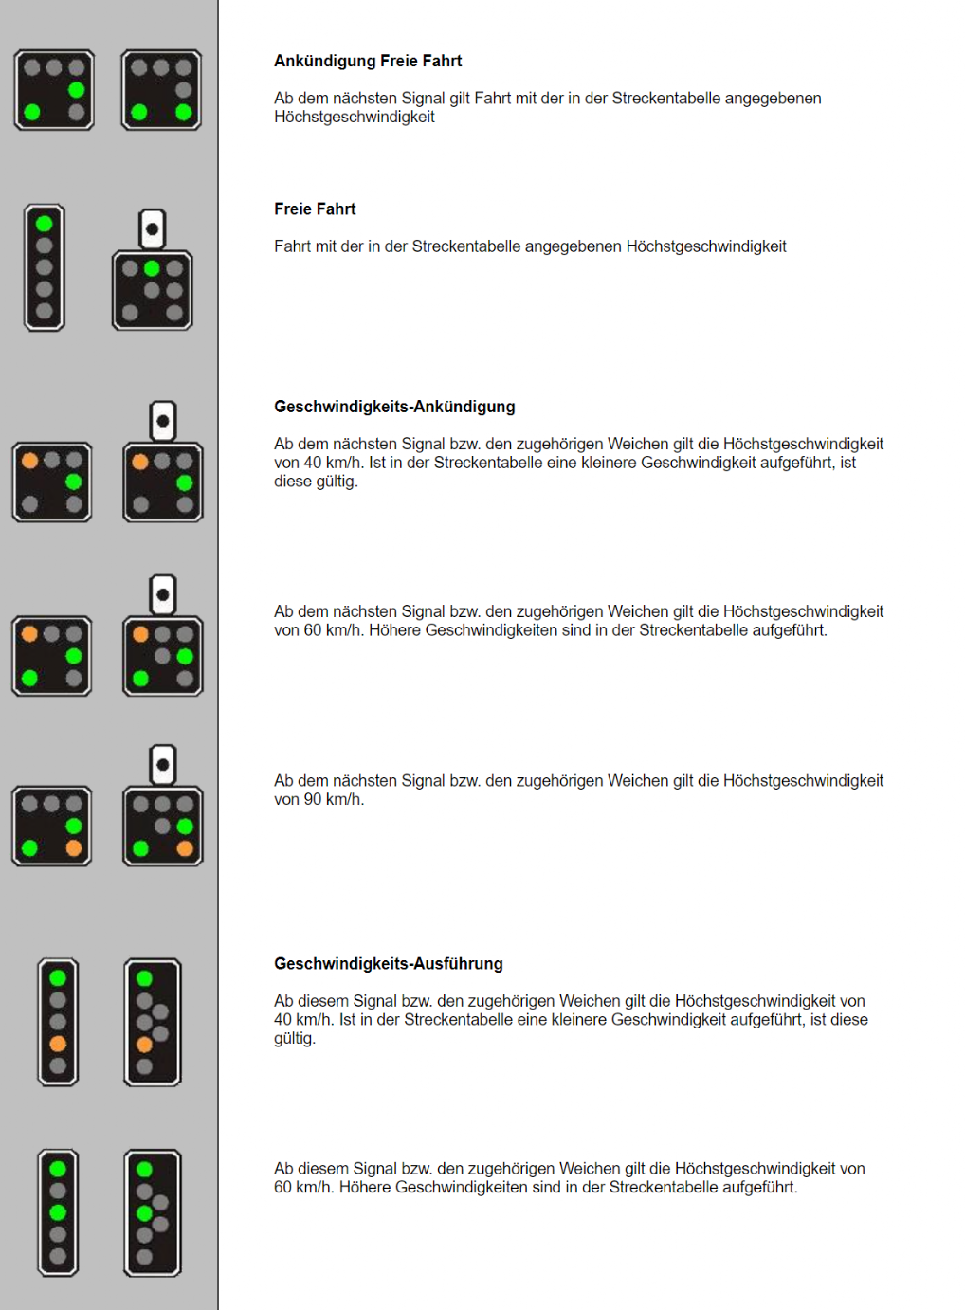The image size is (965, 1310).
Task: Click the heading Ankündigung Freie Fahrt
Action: coord(368,61)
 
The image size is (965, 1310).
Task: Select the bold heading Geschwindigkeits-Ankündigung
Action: coord(394,407)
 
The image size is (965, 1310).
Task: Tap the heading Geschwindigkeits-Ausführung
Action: coord(389,964)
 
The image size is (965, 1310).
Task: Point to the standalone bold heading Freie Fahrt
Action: coord(315,209)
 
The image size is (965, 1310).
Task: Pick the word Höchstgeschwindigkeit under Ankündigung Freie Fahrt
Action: coord(355,118)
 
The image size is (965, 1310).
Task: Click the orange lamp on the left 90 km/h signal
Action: coord(74,848)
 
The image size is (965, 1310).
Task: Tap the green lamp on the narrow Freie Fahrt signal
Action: coord(44,225)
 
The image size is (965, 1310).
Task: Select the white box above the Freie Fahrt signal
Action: coord(152,229)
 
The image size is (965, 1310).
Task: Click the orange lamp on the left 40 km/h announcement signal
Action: coord(30,461)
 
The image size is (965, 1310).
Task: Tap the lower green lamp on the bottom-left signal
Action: coord(58,1212)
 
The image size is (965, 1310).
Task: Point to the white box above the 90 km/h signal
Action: coord(163,765)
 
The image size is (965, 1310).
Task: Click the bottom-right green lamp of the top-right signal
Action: coord(184,113)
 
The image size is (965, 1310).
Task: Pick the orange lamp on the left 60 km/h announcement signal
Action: coord(30,634)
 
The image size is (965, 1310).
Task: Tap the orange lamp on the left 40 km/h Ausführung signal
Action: coord(58,1044)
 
